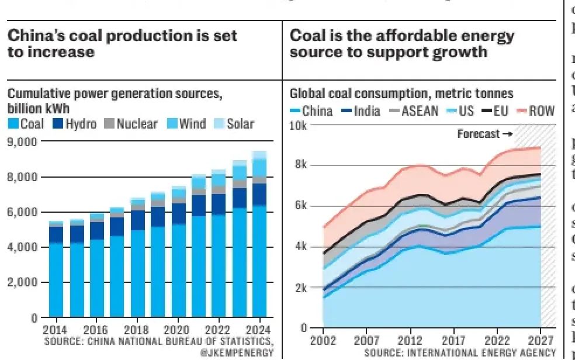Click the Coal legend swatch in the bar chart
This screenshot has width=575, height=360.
click(x=13, y=124)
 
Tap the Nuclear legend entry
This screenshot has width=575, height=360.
click(x=130, y=124)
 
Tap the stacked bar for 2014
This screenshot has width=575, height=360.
click(x=56, y=269)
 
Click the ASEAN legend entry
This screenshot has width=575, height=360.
click(x=414, y=110)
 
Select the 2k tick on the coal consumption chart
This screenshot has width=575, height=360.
click(x=300, y=288)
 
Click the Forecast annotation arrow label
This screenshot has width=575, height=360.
click(x=484, y=134)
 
